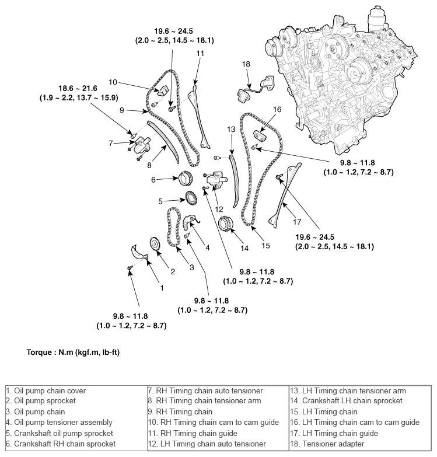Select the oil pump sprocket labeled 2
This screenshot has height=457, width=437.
tap(155, 244)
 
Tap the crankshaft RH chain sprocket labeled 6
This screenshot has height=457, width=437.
tap(185, 179)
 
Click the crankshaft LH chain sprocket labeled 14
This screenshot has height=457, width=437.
tap(226, 224)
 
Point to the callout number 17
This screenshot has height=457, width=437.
tap(296, 222)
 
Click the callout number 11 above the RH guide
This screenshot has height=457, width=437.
tap(200, 54)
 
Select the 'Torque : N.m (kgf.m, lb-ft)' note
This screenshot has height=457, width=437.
tap(73, 353)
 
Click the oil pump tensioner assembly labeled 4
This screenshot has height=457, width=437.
tap(191, 222)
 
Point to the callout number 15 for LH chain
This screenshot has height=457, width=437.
tap(265, 246)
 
